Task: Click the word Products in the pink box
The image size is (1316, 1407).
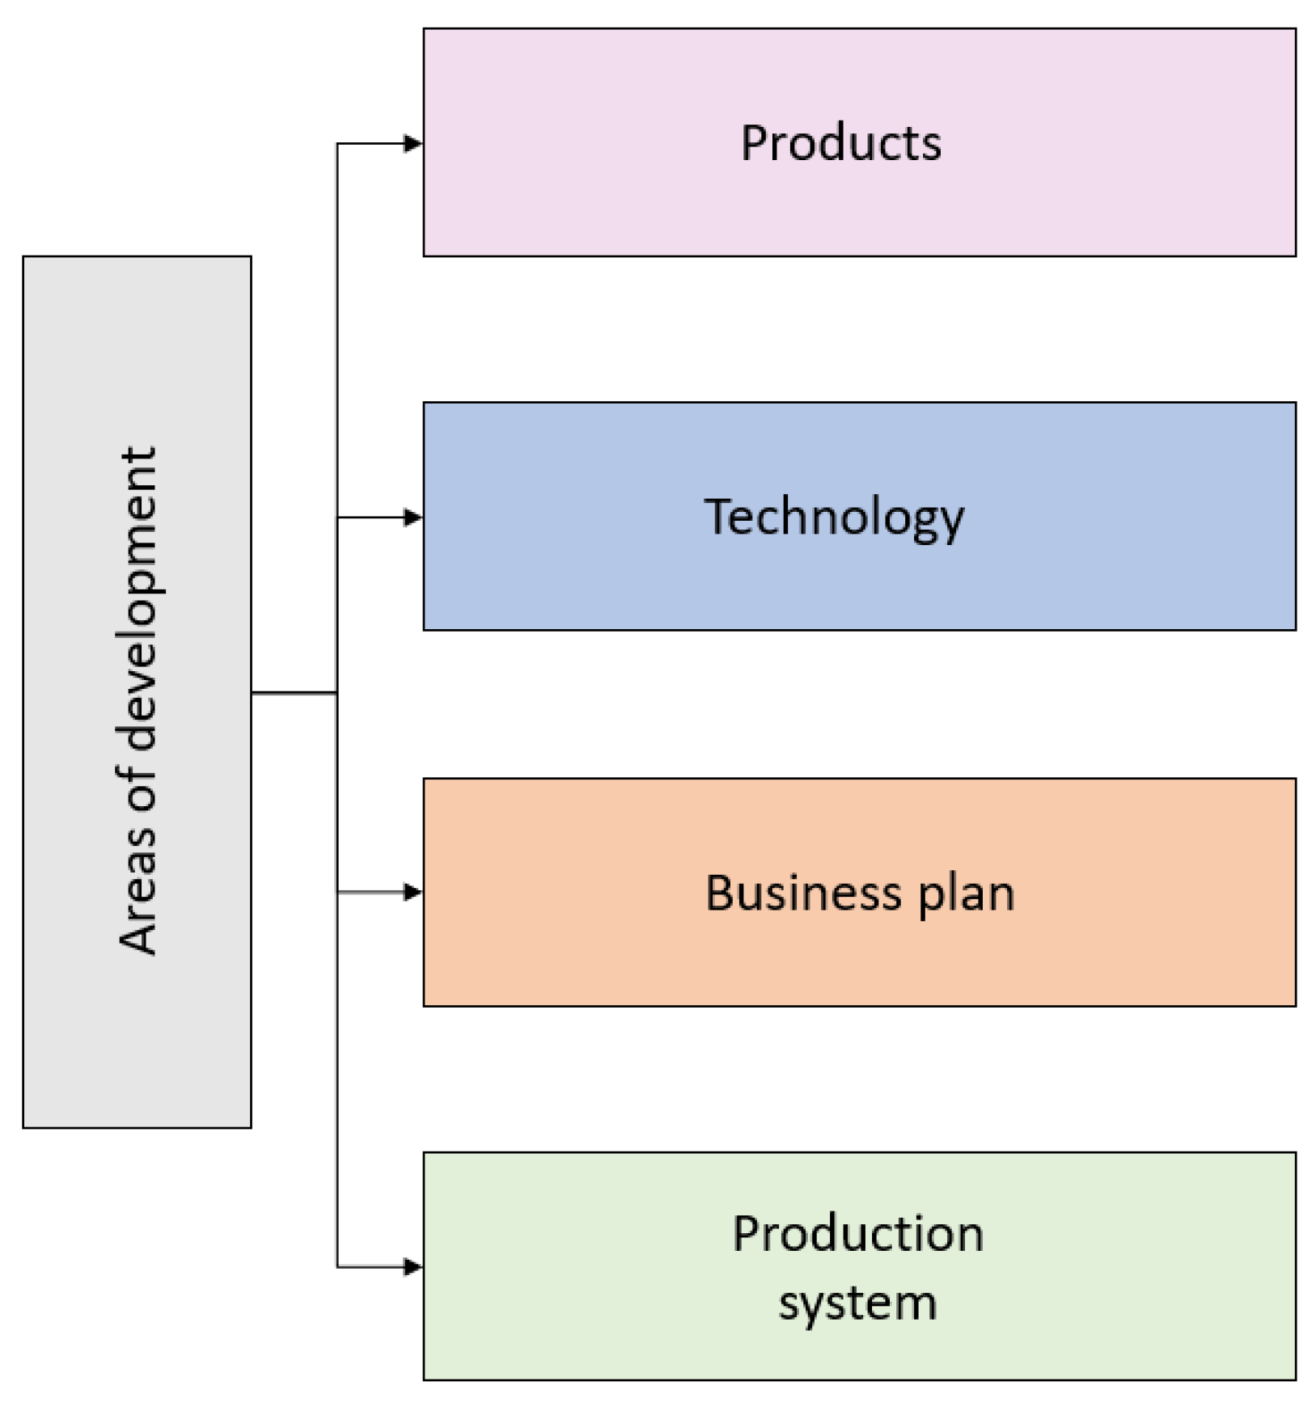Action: click(x=840, y=143)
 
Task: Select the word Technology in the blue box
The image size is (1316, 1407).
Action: click(x=834, y=517)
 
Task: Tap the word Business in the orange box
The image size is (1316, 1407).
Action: click(x=802, y=893)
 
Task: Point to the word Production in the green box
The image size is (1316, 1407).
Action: click(x=857, y=1234)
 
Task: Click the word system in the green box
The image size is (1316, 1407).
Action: click(x=857, y=1303)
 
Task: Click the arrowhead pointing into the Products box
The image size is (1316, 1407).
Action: click(x=413, y=144)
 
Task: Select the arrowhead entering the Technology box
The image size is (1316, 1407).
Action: click(x=413, y=518)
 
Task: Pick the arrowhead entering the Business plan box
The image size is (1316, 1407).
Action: click(x=413, y=892)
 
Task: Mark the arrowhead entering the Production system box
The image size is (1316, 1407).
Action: click(x=413, y=1266)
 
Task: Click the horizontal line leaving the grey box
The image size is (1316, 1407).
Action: click(x=294, y=692)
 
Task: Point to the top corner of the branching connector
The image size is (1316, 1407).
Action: click(x=338, y=145)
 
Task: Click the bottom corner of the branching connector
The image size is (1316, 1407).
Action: click(x=338, y=1266)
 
